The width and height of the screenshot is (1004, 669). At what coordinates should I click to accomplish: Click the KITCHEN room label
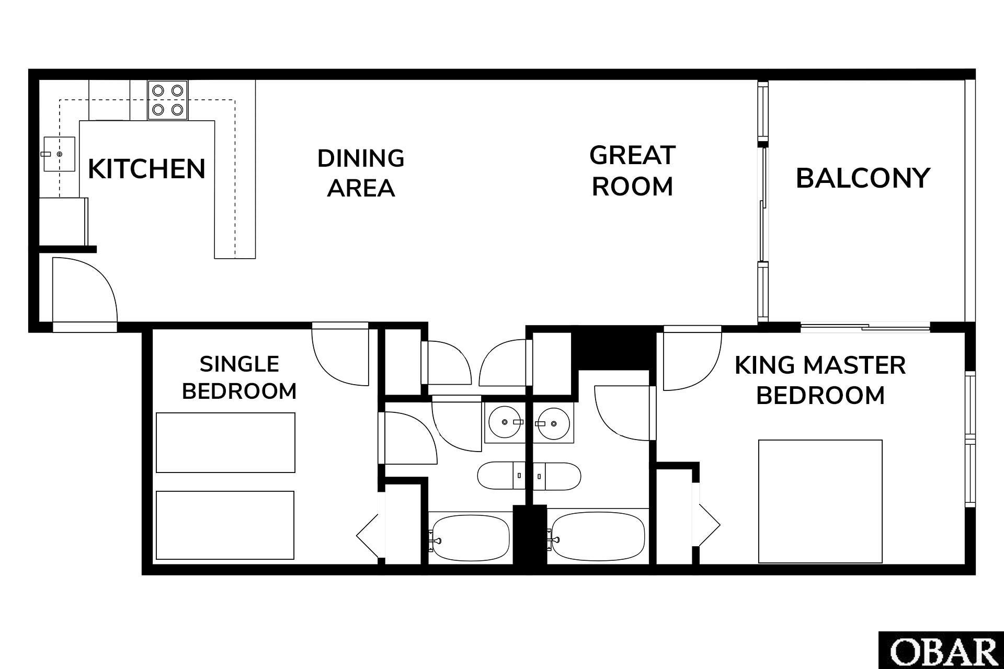(x=147, y=169)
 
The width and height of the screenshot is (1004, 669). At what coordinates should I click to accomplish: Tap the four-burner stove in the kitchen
(x=167, y=100)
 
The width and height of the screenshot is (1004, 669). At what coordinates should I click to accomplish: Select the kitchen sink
(x=59, y=154)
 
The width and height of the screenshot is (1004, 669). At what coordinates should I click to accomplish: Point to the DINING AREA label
(x=361, y=173)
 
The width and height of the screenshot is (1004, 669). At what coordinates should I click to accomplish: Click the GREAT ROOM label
(x=633, y=171)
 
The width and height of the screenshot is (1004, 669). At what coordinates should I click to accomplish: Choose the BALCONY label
(x=863, y=178)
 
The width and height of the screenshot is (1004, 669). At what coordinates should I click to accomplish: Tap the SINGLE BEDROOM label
(x=239, y=377)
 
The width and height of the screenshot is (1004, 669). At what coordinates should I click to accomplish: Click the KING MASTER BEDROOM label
(x=820, y=380)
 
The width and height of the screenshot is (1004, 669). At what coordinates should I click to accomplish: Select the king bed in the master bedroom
(x=820, y=501)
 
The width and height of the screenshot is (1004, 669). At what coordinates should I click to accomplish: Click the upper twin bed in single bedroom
(x=225, y=443)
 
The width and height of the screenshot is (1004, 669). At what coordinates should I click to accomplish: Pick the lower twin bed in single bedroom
(x=225, y=525)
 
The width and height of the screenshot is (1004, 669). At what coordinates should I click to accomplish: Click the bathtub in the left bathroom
(x=469, y=537)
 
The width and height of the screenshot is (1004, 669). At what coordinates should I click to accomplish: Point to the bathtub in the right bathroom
(x=598, y=537)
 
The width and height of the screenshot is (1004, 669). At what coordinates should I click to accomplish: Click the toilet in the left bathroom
(x=501, y=476)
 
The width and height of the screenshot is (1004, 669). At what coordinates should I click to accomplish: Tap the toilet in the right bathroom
(x=557, y=476)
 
